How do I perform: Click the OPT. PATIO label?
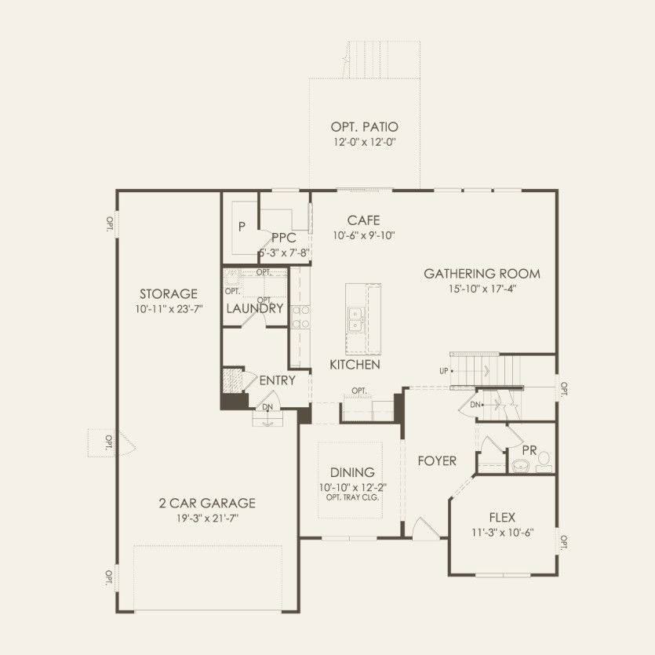click(364, 126)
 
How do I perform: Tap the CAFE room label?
click(363, 220)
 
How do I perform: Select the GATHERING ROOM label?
click(482, 274)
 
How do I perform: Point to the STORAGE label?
click(169, 293)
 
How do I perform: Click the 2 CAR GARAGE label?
click(207, 503)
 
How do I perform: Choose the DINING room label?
click(352, 472)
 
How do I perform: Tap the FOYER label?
click(437, 460)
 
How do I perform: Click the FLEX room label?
click(502, 518)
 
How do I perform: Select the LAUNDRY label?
click(255, 309)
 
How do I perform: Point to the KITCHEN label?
click(355, 365)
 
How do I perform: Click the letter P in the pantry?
click(242, 227)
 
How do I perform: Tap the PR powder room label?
click(529, 451)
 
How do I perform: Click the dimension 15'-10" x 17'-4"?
click(482, 289)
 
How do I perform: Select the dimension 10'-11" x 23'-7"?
click(169, 309)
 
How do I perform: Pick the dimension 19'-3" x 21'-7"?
click(207, 519)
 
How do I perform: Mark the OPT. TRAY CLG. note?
click(352, 497)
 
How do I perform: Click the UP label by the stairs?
click(444, 371)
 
